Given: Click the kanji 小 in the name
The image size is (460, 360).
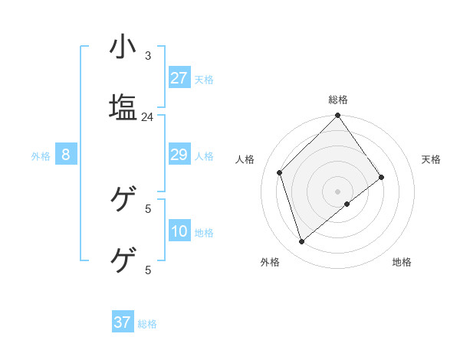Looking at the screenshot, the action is (123, 47).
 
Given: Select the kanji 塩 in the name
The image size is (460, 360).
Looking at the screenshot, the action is (123, 106).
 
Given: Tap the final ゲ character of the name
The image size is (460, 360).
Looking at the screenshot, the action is (123, 260).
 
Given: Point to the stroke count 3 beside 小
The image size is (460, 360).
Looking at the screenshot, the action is (148, 56).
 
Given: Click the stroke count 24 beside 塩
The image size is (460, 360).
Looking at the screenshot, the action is (147, 117).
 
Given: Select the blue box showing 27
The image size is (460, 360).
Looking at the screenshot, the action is (179, 78).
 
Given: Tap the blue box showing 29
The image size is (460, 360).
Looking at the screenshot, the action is (179, 155).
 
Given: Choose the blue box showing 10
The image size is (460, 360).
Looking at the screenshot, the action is (179, 231).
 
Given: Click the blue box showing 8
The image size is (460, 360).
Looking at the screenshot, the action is (66, 155).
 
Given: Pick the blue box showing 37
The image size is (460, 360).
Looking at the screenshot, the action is (123, 322).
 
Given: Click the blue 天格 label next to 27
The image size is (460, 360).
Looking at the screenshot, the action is (204, 80).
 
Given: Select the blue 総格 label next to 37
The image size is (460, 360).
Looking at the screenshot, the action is (147, 324).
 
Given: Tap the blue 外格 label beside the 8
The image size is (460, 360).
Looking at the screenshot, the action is (41, 156).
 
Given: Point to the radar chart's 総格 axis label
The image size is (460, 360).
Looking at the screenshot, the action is (338, 100).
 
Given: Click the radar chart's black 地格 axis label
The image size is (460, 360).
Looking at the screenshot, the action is (402, 262).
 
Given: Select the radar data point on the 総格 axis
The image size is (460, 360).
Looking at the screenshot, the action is (338, 116).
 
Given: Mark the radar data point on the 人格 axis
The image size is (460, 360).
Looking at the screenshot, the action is (280, 172).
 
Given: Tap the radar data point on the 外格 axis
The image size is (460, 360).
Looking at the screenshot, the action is (302, 242).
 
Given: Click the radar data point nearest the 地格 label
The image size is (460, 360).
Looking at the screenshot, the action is (347, 204).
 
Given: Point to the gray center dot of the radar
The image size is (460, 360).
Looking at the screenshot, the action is (338, 191).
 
